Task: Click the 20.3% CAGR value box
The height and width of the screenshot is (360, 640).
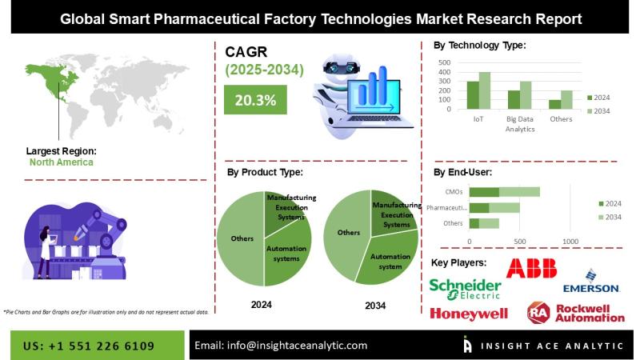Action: tap(256, 101)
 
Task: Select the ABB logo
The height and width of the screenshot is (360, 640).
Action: tap(531, 268)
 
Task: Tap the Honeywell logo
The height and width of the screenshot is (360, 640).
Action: tap(468, 313)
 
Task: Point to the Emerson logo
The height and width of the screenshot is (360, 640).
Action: tap(590, 282)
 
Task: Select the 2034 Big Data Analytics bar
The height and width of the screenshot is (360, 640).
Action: tap(525, 94)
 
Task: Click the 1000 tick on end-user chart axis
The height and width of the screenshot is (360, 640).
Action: tap(570, 241)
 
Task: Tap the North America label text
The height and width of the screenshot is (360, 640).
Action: tap(61, 162)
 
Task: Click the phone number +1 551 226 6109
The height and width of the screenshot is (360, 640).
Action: tap(89, 346)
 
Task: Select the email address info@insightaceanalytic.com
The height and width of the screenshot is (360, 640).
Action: tap(281, 346)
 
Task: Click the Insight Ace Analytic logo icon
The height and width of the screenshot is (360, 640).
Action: tap(468, 345)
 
